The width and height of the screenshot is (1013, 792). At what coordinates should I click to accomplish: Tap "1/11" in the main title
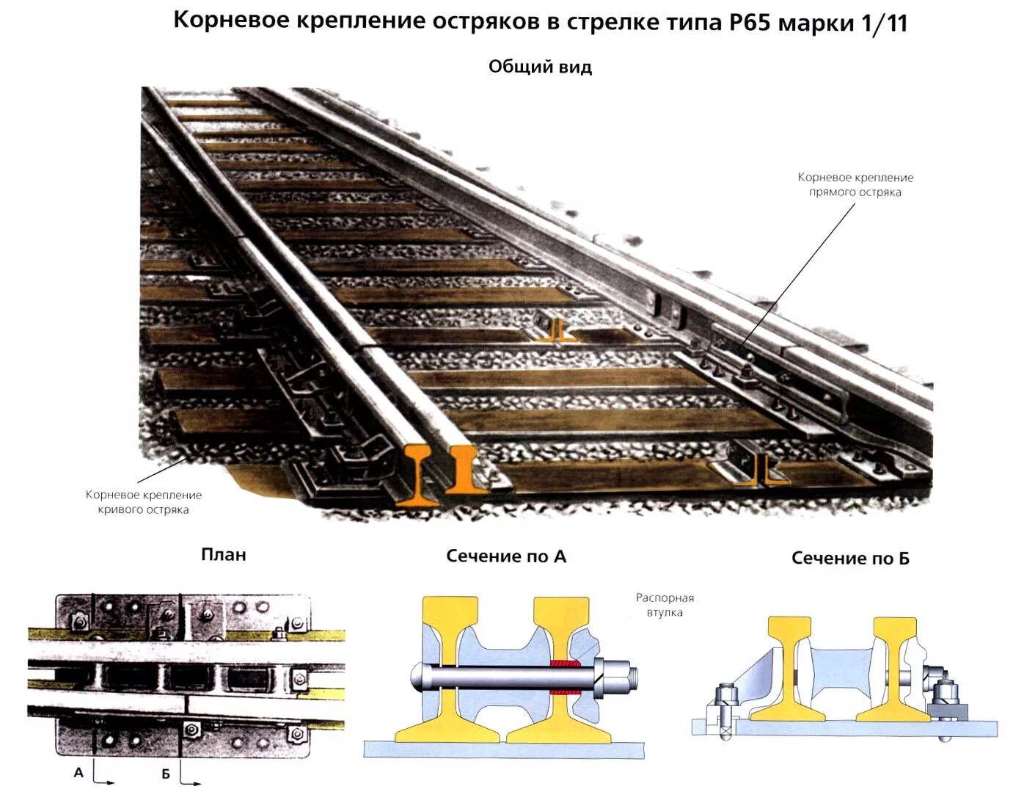pos(885,23)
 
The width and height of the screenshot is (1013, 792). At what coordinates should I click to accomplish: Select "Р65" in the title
pos(750,22)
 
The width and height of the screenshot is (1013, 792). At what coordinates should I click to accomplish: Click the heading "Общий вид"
pos(540,67)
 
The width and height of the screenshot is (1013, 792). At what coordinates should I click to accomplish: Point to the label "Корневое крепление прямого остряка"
pos(855,185)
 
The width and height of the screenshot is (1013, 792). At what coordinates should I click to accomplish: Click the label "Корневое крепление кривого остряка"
pos(143,502)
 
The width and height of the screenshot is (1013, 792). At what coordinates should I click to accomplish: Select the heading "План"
pos(223,555)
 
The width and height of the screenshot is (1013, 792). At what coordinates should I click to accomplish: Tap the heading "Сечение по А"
pos(506,556)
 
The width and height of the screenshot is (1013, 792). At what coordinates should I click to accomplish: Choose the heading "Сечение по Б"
pos(850,559)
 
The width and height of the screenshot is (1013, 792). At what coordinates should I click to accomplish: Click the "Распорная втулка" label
pos(665,605)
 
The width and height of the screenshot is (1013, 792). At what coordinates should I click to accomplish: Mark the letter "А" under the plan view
pos(78,772)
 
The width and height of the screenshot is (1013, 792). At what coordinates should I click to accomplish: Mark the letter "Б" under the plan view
pos(166,774)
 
